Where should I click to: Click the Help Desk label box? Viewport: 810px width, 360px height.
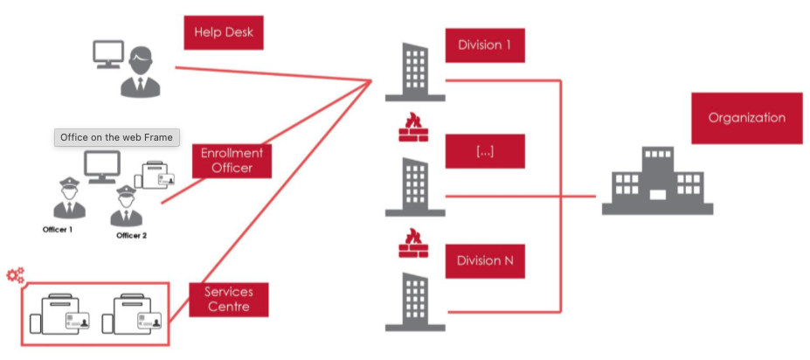point(223,33)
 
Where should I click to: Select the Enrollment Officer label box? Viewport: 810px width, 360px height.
point(232,161)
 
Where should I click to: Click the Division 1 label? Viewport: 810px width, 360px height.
point(485,45)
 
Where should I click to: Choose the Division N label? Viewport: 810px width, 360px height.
point(485,260)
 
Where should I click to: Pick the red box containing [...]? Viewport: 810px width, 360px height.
point(485,151)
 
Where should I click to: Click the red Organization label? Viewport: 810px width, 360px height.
point(746,118)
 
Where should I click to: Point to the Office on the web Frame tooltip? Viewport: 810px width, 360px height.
point(116,137)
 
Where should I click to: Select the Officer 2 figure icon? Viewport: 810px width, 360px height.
point(125,206)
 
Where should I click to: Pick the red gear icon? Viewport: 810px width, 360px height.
point(15,276)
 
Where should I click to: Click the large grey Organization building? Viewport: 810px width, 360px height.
point(657,181)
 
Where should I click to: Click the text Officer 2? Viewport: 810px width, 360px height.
point(131,235)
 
